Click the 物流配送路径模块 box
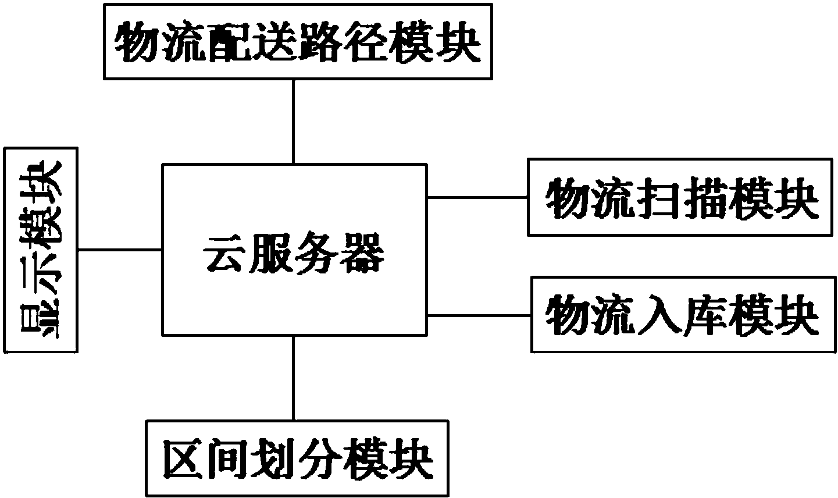click(x=298, y=42)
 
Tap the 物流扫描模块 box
click(x=682, y=197)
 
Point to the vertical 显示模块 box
click(x=40, y=250)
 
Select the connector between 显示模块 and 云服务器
click(x=119, y=250)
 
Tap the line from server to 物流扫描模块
click(x=477, y=197)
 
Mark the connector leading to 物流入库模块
click(x=479, y=315)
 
